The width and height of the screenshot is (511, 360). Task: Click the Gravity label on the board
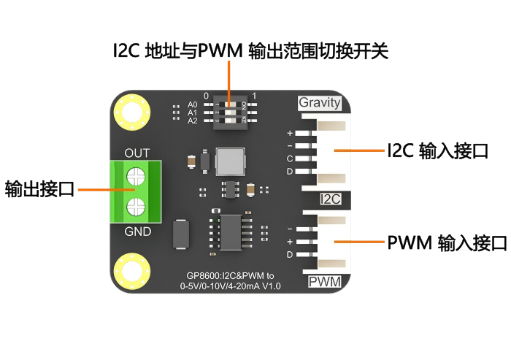pos(320,103)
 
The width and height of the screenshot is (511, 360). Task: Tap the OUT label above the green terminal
pos(137,153)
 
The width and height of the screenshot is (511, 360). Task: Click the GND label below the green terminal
pos(137,231)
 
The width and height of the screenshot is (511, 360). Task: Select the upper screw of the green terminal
pos(136,177)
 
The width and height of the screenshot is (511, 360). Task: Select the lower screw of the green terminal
pos(136,207)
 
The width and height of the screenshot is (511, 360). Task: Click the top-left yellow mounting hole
pos(132,112)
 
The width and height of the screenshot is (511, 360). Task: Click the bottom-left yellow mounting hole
pos(132,272)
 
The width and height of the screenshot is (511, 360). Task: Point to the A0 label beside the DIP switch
pos(192,104)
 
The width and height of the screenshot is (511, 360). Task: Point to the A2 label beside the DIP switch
pos(192,121)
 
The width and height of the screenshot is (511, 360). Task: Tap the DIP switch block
pos(230,112)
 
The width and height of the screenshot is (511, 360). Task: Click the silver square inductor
pos(230,161)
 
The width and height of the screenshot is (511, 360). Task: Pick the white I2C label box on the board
pos(331,199)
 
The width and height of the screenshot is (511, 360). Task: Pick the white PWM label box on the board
pos(325,282)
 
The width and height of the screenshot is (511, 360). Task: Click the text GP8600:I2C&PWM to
pos(230,276)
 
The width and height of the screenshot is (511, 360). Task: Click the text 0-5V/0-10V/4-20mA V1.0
pos(230,286)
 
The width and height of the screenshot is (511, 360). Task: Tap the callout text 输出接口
pos(39,189)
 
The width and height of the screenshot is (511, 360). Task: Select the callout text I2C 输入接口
pos(438,150)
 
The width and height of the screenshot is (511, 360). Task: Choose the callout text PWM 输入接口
pos(447,242)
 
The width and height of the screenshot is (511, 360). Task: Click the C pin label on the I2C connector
pos(290,158)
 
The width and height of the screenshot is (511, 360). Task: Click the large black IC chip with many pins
pos(231,232)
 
